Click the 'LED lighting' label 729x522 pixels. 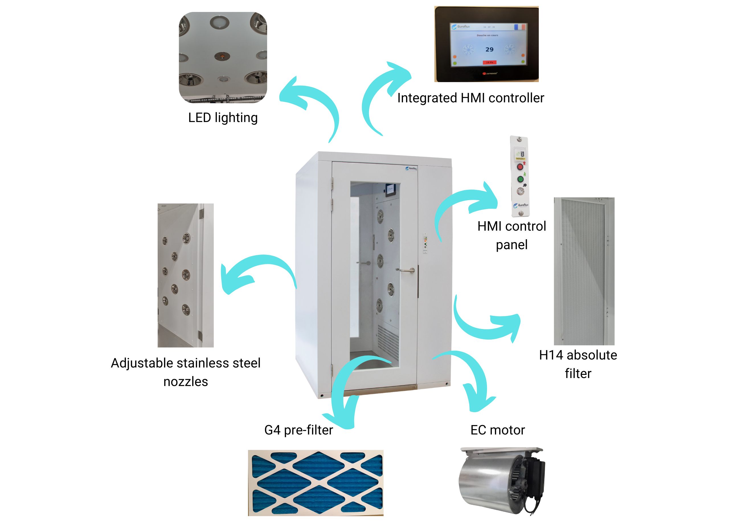click(223, 118)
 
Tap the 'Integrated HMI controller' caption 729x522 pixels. click(471, 98)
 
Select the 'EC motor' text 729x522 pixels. click(497, 430)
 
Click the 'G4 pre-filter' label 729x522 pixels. click(298, 430)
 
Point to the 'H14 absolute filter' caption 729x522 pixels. click(578, 364)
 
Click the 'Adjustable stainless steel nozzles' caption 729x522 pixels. click(186, 372)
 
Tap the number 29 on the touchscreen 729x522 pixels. click(489, 50)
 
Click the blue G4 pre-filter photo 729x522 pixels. click(316, 482)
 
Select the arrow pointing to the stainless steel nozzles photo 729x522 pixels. click(254, 273)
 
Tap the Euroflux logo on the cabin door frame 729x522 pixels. click(411, 168)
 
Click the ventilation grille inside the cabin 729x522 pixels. click(388, 342)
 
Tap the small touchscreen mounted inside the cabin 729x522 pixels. click(390, 190)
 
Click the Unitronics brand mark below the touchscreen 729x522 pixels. click(490, 74)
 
